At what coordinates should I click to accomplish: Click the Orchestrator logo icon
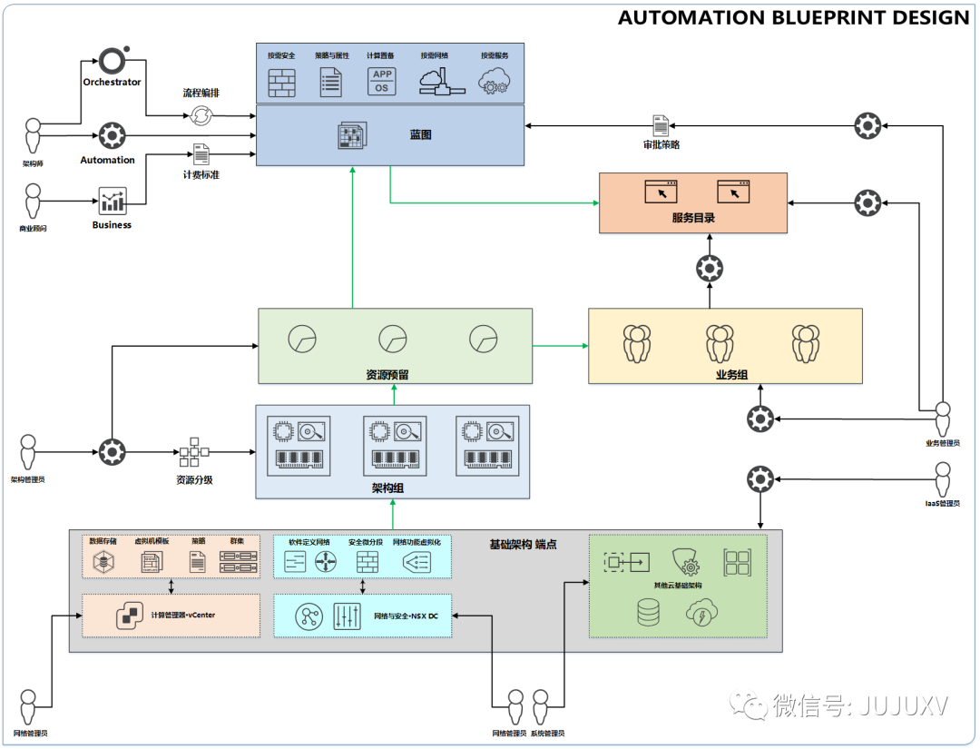tap(113, 60)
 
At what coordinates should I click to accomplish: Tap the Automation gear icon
tap(112, 135)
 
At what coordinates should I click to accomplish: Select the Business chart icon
tap(112, 201)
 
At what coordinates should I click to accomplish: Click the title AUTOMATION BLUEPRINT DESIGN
tap(793, 17)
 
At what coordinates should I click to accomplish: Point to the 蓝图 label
tap(420, 134)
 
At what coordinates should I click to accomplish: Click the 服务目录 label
tap(693, 218)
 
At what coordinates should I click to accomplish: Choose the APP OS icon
tap(382, 82)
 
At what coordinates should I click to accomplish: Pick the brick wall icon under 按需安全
tap(281, 83)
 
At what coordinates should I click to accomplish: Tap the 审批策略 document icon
tap(661, 125)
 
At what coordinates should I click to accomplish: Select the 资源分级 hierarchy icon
tap(194, 452)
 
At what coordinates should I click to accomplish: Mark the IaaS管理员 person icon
tap(943, 478)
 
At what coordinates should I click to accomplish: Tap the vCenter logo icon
tap(129, 616)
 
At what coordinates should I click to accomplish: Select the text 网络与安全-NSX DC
tap(407, 616)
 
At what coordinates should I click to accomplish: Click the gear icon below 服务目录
tap(709, 268)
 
